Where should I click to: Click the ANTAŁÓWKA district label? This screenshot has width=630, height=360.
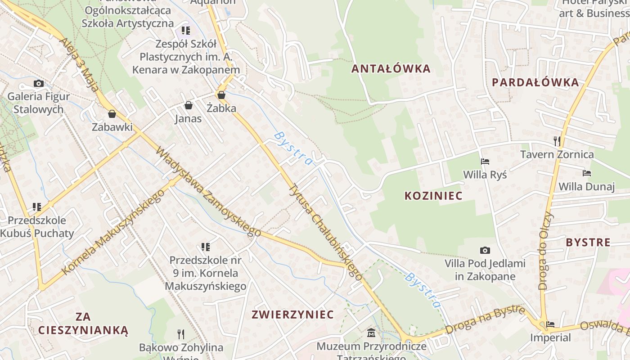(x=391, y=69)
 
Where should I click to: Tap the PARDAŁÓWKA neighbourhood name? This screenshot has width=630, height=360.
(x=535, y=82)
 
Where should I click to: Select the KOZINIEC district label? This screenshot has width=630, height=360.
(x=433, y=196)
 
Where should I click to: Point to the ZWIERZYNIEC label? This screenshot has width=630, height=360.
(x=292, y=314)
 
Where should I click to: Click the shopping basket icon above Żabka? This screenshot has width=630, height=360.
(x=221, y=95)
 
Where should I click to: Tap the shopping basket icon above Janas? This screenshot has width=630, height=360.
(x=189, y=105)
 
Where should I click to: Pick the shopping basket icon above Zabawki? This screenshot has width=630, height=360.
(x=112, y=114)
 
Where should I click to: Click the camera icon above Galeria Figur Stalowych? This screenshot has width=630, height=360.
(x=39, y=83)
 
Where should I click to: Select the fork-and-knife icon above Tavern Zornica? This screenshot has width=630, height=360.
(x=557, y=141)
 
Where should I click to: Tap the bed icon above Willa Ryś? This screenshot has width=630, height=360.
(x=485, y=161)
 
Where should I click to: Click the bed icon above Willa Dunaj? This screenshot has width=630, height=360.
(x=586, y=173)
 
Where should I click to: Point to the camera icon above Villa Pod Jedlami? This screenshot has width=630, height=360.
(x=485, y=250)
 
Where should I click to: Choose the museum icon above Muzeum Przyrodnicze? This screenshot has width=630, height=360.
(x=371, y=333)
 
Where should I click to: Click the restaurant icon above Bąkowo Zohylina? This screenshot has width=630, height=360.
(x=181, y=334)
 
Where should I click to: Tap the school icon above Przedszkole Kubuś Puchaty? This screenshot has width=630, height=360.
(x=37, y=207)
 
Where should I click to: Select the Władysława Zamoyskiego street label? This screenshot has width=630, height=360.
(x=208, y=191)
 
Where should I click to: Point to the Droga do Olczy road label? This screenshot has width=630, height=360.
(x=545, y=250)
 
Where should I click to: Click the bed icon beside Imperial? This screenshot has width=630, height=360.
(x=550, y=324)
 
